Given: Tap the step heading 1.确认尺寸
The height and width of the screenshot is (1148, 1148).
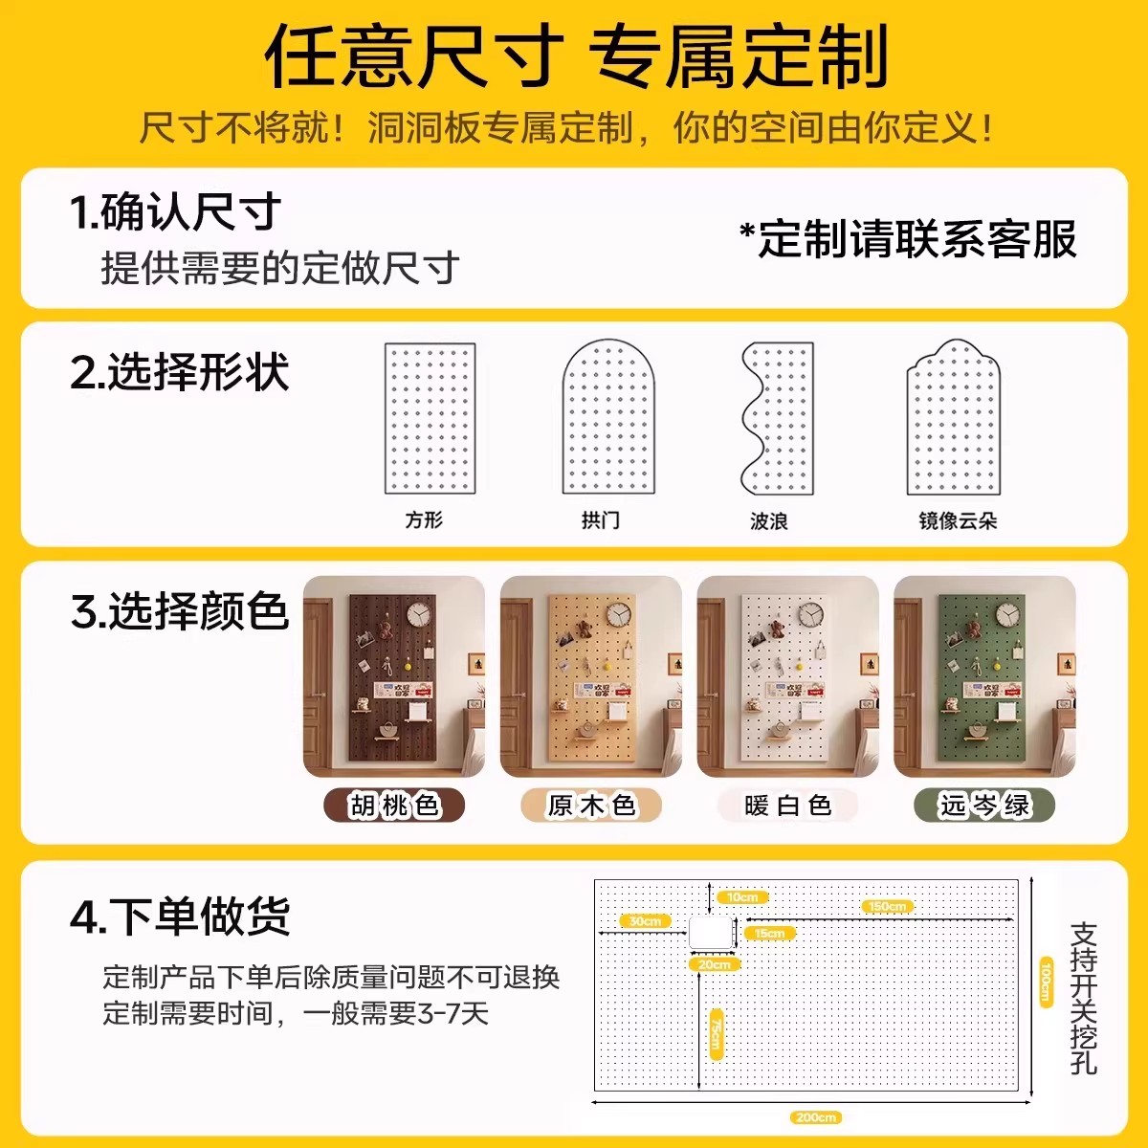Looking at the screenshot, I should click(x=175, y=211).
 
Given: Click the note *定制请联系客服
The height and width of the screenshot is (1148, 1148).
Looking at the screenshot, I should click(x=908, y=239).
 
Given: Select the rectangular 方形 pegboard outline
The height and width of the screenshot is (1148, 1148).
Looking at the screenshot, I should click(x=430, y=419).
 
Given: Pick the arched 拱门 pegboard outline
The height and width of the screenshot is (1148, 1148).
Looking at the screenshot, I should click(x=607, y=418).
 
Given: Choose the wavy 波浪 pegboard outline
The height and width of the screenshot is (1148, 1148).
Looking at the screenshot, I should click(x=777, y=419).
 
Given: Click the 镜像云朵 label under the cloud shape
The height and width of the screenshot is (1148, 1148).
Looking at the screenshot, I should click(x=958, y=520).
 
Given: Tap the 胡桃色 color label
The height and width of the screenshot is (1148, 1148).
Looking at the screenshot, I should click(x=394, y=806).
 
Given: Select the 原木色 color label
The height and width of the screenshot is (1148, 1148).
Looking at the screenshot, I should click(x=591, y=806).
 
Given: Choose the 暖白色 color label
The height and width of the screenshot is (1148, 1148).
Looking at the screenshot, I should click(x=787, y=806).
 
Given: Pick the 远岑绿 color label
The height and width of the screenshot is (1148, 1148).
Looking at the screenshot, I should click(x=984, y=806).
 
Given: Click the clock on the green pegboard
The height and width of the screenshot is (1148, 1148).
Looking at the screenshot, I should click(x=1006, y=614).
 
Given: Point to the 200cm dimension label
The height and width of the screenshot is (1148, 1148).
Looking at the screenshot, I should click(x=815, y=1116).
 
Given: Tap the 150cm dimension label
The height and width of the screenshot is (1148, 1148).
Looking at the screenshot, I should click(x=887, y=906).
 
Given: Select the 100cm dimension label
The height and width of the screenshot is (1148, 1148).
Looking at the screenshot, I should click(x=1046, y=982).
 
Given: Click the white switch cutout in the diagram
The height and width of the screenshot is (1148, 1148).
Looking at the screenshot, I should click(x=711, y=932).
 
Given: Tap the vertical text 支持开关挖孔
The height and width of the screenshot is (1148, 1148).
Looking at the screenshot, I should click(x=1083, y=998).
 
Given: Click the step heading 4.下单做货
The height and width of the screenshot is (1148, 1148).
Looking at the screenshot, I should click(x=180, y=916).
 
